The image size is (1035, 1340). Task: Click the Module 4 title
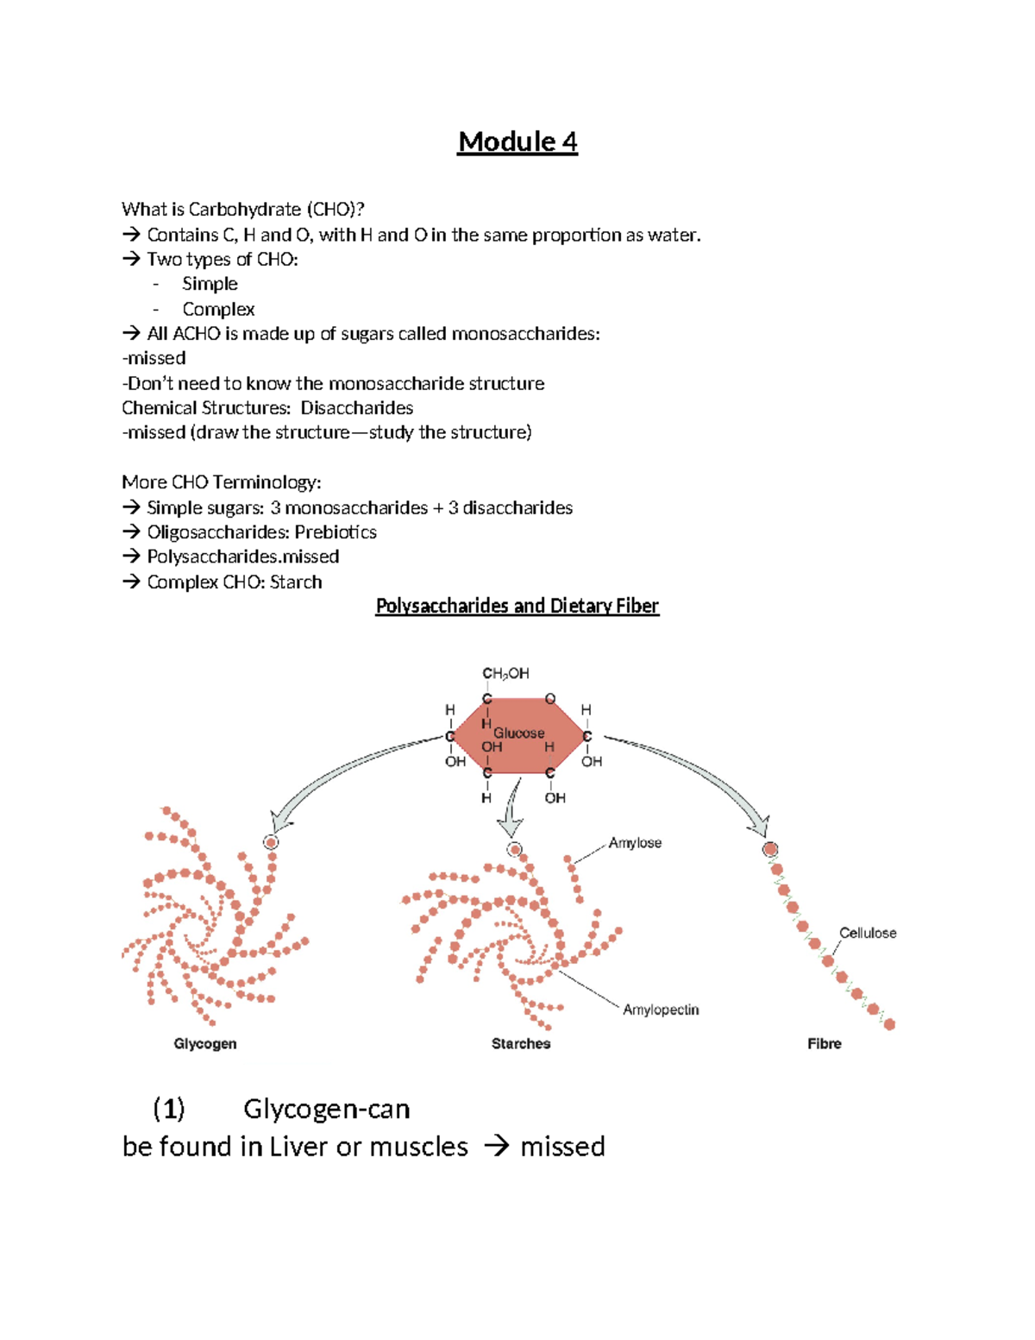pyautogui.click(x=517, y=142)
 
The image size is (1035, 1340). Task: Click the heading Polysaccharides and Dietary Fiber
pyautogui.click(x=517, y=606)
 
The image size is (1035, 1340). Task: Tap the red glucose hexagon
pyautogui.click(x=518, y=734)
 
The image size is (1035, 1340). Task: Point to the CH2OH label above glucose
pyautogui.click(x=505, y=673)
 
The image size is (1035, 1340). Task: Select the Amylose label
pyautogui.click(x=635, y=843)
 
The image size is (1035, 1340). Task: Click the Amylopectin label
pyautogui.click(x=661, y=1010)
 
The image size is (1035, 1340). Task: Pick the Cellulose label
pyautogui.click(x=868, y=933)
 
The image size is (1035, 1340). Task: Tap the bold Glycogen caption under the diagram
pyautogui.click(x=205, y=1043)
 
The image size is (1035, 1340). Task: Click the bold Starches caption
pyautogui.click(x=521, y=1043)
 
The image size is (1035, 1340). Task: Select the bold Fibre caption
pyautogui.click(x=825, y=1043)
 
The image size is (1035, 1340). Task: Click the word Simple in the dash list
pyautogui.click(x=210, y=284)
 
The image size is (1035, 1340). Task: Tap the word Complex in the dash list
pyautogui.click(x=218, y=309)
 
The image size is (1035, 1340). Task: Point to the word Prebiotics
pyautogui.click(x=336, y=532)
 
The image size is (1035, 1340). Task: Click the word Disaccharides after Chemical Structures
pyautogui.click(x=356, y=407)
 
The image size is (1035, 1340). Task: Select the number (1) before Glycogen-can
pyautogui.click(x=169, y=1108)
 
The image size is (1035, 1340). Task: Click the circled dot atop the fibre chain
pyautogui.click(x=770, y=849)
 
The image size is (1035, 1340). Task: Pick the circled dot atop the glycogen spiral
pyautogui.click(x=271, y=842)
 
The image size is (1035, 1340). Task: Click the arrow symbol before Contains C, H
pyautogui.click(x=131, y=235)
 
